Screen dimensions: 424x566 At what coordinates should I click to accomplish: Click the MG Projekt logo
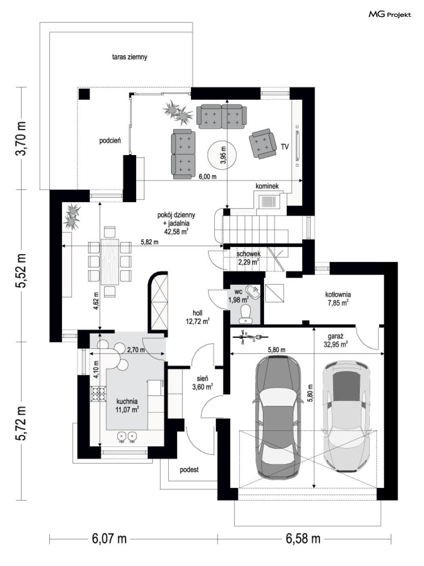389,15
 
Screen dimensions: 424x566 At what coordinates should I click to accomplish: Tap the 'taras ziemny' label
130,57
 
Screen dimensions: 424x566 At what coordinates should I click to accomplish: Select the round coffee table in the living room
222,155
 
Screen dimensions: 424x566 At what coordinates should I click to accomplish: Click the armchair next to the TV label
262,144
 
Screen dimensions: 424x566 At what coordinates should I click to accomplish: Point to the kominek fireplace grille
269,202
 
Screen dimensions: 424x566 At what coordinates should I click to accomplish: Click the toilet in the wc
246,314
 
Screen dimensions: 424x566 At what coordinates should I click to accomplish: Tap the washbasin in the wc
253,292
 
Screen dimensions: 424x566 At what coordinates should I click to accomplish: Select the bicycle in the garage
250,337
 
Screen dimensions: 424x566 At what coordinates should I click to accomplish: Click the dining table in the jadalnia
110,262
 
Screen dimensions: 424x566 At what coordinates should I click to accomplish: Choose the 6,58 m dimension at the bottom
303,538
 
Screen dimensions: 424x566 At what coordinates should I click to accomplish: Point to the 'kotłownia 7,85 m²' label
338,299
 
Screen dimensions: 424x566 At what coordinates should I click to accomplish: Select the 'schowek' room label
248,253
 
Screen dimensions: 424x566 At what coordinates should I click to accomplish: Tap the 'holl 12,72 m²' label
197,317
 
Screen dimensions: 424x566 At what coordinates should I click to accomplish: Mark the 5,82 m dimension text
149,242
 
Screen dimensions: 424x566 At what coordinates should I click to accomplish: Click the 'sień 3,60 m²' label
202,383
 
